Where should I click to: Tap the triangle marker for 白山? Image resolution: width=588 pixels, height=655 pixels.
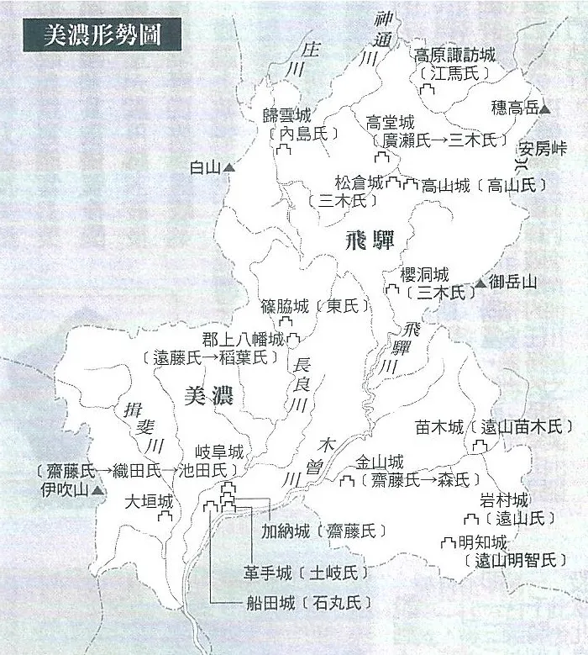click(228, 168)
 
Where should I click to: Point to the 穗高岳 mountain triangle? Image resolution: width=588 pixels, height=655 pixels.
click(544, 108)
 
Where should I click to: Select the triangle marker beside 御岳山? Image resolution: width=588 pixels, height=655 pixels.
click(480, 283)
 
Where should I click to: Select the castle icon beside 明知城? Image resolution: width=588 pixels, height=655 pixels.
click(450, 542)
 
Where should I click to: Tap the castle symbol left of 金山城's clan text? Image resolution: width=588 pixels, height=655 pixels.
click(346, 481)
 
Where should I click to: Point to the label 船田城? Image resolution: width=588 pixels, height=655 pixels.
click(264, 602)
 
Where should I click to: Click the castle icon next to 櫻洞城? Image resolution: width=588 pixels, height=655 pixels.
click(392, 290)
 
